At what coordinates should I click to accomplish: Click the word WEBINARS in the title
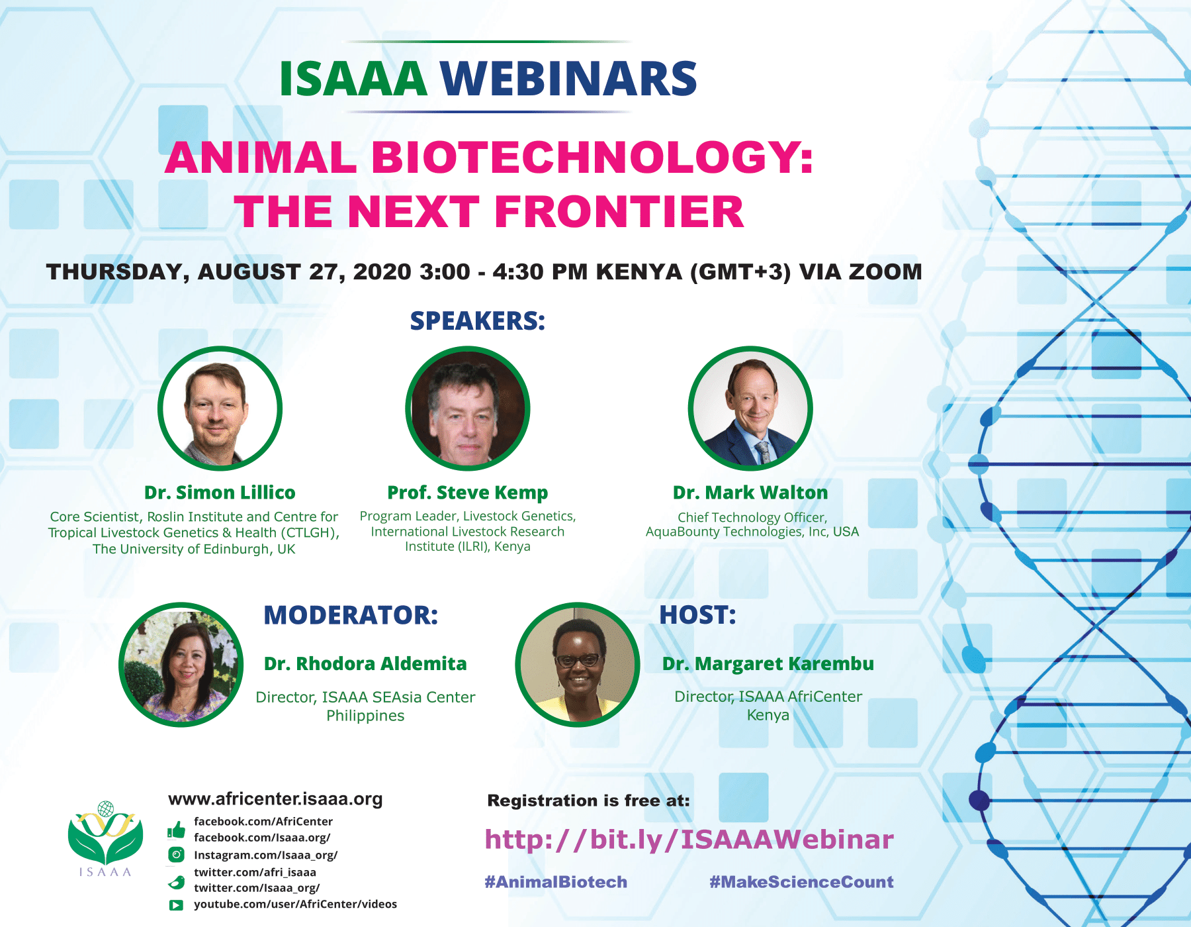(x=568, y=79)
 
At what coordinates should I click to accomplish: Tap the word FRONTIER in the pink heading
(x=619, y=212)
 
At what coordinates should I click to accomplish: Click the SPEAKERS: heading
(x=478, y=321)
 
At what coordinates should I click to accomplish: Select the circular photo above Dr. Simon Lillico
(x=220, y=409)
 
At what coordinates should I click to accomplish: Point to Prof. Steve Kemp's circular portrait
(x=468, y=409)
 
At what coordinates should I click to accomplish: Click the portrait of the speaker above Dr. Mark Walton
(x=750, y=409)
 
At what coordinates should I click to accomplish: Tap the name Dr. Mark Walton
(x=750, y=493)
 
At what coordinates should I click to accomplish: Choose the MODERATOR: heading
(x=351, y=615)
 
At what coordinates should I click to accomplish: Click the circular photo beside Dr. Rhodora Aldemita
(x=181, y=664)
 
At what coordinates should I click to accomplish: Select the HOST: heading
(x=697, y=615)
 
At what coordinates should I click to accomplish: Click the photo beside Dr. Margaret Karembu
(x=578, y=664)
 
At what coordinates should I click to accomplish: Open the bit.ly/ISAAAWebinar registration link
(x=689, y=840)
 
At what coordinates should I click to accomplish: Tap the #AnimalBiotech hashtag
(x=556, y=882)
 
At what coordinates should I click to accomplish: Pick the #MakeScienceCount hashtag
(x=801, y=882)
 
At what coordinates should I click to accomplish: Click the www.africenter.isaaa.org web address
(x=275, y=799)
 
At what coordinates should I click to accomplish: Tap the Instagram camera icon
(x=176, y=855)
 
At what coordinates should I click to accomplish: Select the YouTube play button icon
(x=176, y=905)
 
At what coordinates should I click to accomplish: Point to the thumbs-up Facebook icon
(x=176, y=830)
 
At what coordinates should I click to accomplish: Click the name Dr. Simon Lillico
(x=220, y=493)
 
